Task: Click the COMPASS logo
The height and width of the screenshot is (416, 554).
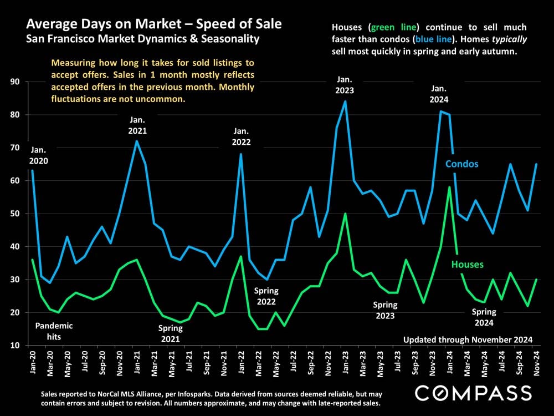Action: [x=473, y=393]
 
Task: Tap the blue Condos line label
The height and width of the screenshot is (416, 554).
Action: [x=462, y=164]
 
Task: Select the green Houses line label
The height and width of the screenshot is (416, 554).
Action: [x=467, y=265]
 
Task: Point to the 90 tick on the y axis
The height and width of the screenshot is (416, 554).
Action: [x=14, y=82]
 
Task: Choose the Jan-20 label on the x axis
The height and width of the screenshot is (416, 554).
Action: [x=32, y=364]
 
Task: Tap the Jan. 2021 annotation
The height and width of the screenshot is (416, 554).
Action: [x=137, y=125]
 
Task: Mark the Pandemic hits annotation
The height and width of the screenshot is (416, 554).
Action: [x=54, y=331]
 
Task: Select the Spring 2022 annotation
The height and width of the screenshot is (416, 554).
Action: [x=266, y=297]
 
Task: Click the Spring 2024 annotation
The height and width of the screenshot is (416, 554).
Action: [x=484, y=317]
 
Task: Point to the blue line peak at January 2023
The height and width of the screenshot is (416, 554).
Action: [x=345, y=101]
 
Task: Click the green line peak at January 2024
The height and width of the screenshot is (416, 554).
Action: [x=449, y=187]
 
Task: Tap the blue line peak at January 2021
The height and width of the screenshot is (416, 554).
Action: [x=136, y=141]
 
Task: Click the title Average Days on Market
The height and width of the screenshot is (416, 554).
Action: [x=153, y=24]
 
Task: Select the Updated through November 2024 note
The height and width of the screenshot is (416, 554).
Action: [x=468, y=339]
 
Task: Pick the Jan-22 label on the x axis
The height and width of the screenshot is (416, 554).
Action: [x=241, y=364]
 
